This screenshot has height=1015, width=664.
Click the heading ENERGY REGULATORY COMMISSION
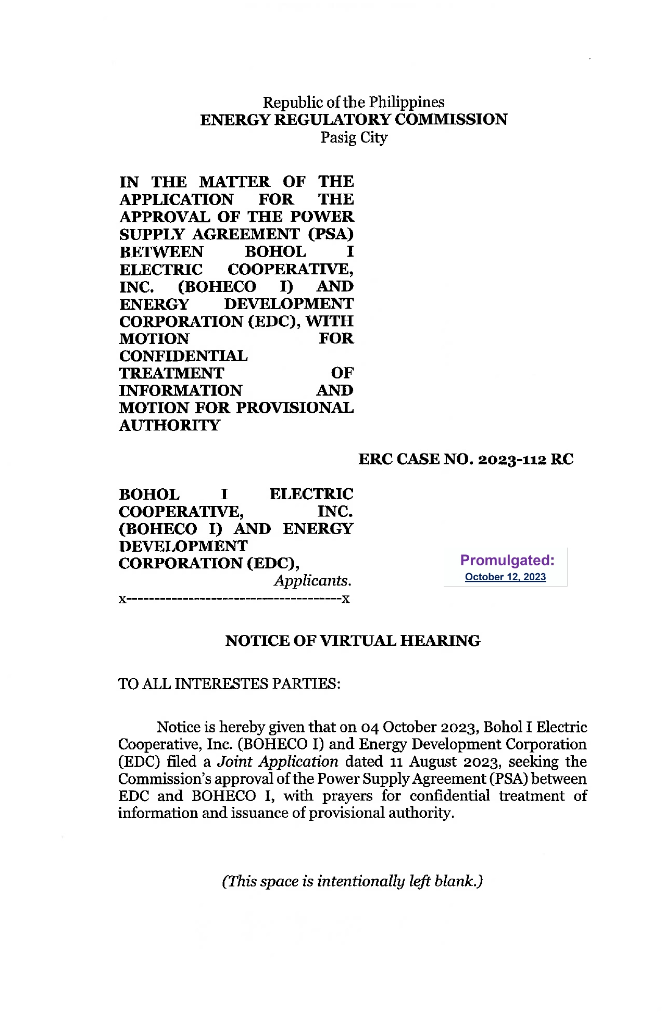(354, 120)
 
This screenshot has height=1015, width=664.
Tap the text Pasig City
(354, 138)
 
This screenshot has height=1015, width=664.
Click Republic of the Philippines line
(354, 102)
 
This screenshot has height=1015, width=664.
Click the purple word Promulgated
(507, 561)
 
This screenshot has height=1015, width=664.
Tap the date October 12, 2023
(505, 577)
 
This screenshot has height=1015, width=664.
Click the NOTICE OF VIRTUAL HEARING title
(353, 641)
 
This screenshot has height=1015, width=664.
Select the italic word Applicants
(313, 581)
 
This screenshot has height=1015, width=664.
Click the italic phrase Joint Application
(278, 762)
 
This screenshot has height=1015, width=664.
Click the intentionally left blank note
(353, 881)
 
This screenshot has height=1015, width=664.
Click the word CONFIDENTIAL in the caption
(183, 357)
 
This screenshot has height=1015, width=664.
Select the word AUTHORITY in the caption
(170, 426)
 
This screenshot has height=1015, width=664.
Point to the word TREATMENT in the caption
(171, 374)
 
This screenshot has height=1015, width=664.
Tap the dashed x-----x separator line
(234, 599)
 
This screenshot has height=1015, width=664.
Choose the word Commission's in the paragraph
(165, 779)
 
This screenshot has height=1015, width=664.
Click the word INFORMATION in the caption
(181, 391)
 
